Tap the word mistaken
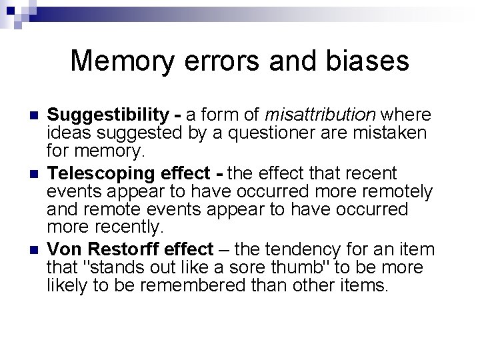(394, 133)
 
